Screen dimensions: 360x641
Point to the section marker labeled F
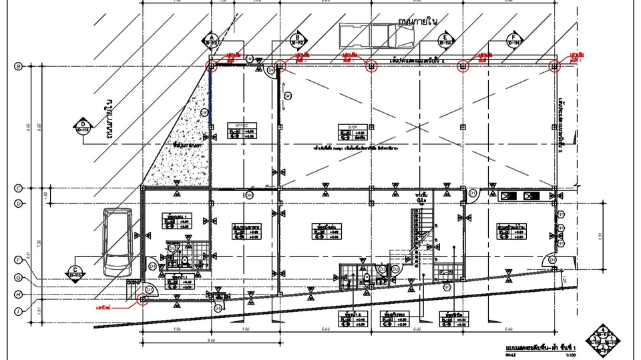[513, 39]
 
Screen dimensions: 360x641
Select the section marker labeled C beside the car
[74, 272]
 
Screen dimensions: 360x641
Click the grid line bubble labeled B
[19, 65]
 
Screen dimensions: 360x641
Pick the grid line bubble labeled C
[19, 188]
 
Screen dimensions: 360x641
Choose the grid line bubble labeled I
[19, 311]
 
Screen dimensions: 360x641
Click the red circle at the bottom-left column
[142, 300]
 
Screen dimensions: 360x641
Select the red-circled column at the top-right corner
[554, 65]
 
